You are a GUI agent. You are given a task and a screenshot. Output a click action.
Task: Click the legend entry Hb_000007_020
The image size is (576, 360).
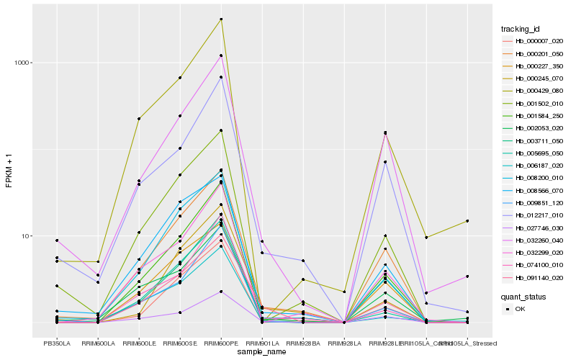[x=533, y=41]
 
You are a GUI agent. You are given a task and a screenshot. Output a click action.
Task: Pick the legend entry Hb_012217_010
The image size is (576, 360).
[x=533, y=215]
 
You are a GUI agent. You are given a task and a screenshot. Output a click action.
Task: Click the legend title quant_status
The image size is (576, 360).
[x=523, y=296]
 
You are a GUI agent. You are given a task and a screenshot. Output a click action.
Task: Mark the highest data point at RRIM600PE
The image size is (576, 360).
[x=221, y=19]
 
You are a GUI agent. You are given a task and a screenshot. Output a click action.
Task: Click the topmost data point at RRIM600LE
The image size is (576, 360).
[x=139, y=119]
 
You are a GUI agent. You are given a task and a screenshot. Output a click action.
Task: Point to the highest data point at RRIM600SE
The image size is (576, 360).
[x=180, y=78]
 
